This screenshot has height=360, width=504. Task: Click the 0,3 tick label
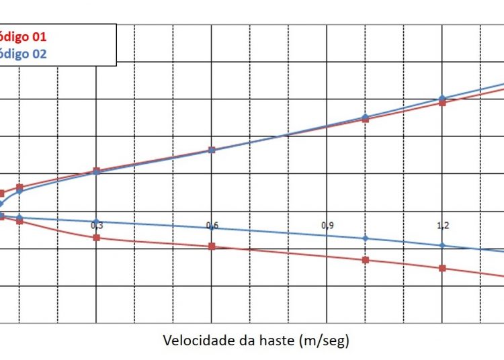click(x=96, y=226)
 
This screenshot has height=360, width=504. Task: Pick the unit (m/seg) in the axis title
click(x=326, y=340)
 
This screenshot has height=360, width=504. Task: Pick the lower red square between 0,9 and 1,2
click(x=366, y=260)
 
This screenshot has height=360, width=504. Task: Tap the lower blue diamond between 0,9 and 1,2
click(x=366, y=238)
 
